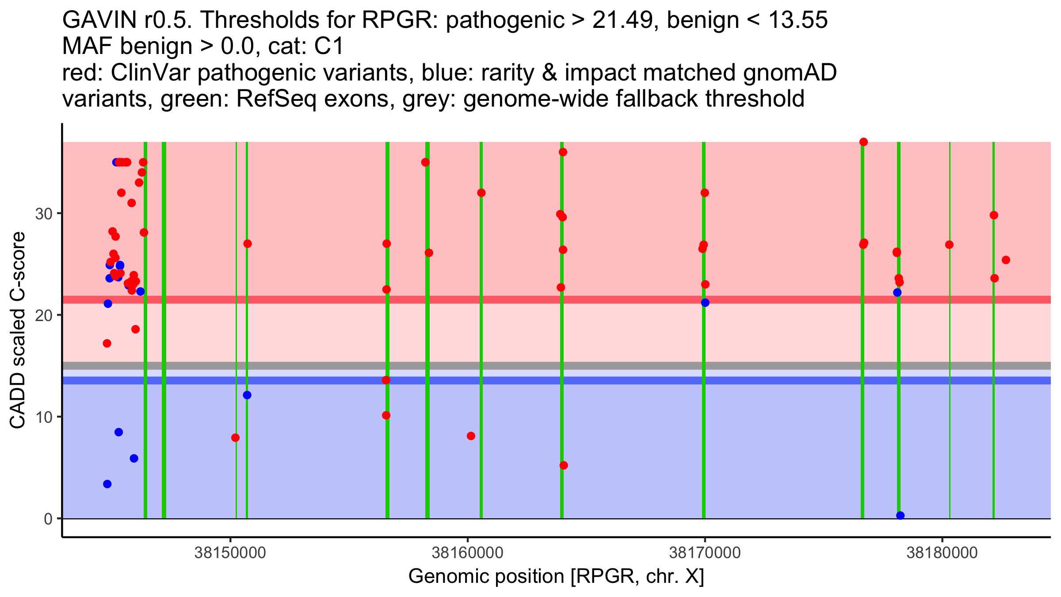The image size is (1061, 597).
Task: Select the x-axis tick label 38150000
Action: pos(230,553)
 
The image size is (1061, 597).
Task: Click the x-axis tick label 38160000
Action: pos(467,553)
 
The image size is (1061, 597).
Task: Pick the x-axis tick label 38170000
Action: pos(705,553)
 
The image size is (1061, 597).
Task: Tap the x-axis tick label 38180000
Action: pos(942,553)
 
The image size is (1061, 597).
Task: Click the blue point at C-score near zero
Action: pos(900,516)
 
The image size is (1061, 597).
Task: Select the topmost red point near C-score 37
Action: pos(863,142)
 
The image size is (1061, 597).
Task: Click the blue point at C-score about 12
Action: pos(247,395)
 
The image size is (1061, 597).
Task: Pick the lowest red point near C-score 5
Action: pos(564,465)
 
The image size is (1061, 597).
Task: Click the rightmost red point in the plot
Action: pos(1006,260)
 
